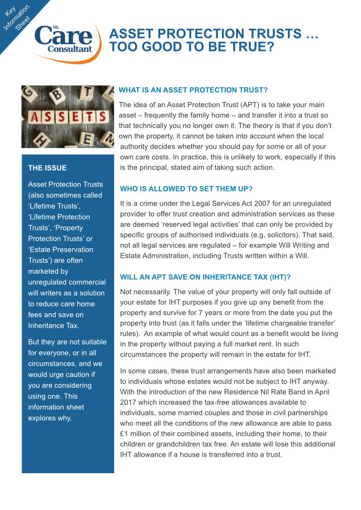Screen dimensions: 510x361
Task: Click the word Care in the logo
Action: coord(62,36)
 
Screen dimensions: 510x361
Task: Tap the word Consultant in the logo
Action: coord(70,49)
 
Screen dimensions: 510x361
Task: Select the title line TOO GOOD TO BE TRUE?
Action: coord(192,47)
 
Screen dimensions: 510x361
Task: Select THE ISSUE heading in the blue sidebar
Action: coord(47,168)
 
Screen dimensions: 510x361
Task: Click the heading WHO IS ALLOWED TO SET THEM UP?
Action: coord(186,189)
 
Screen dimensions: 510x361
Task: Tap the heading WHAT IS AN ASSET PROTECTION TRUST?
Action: coord(193,90)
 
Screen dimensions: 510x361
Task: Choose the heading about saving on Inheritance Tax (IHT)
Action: coord(204,277)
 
